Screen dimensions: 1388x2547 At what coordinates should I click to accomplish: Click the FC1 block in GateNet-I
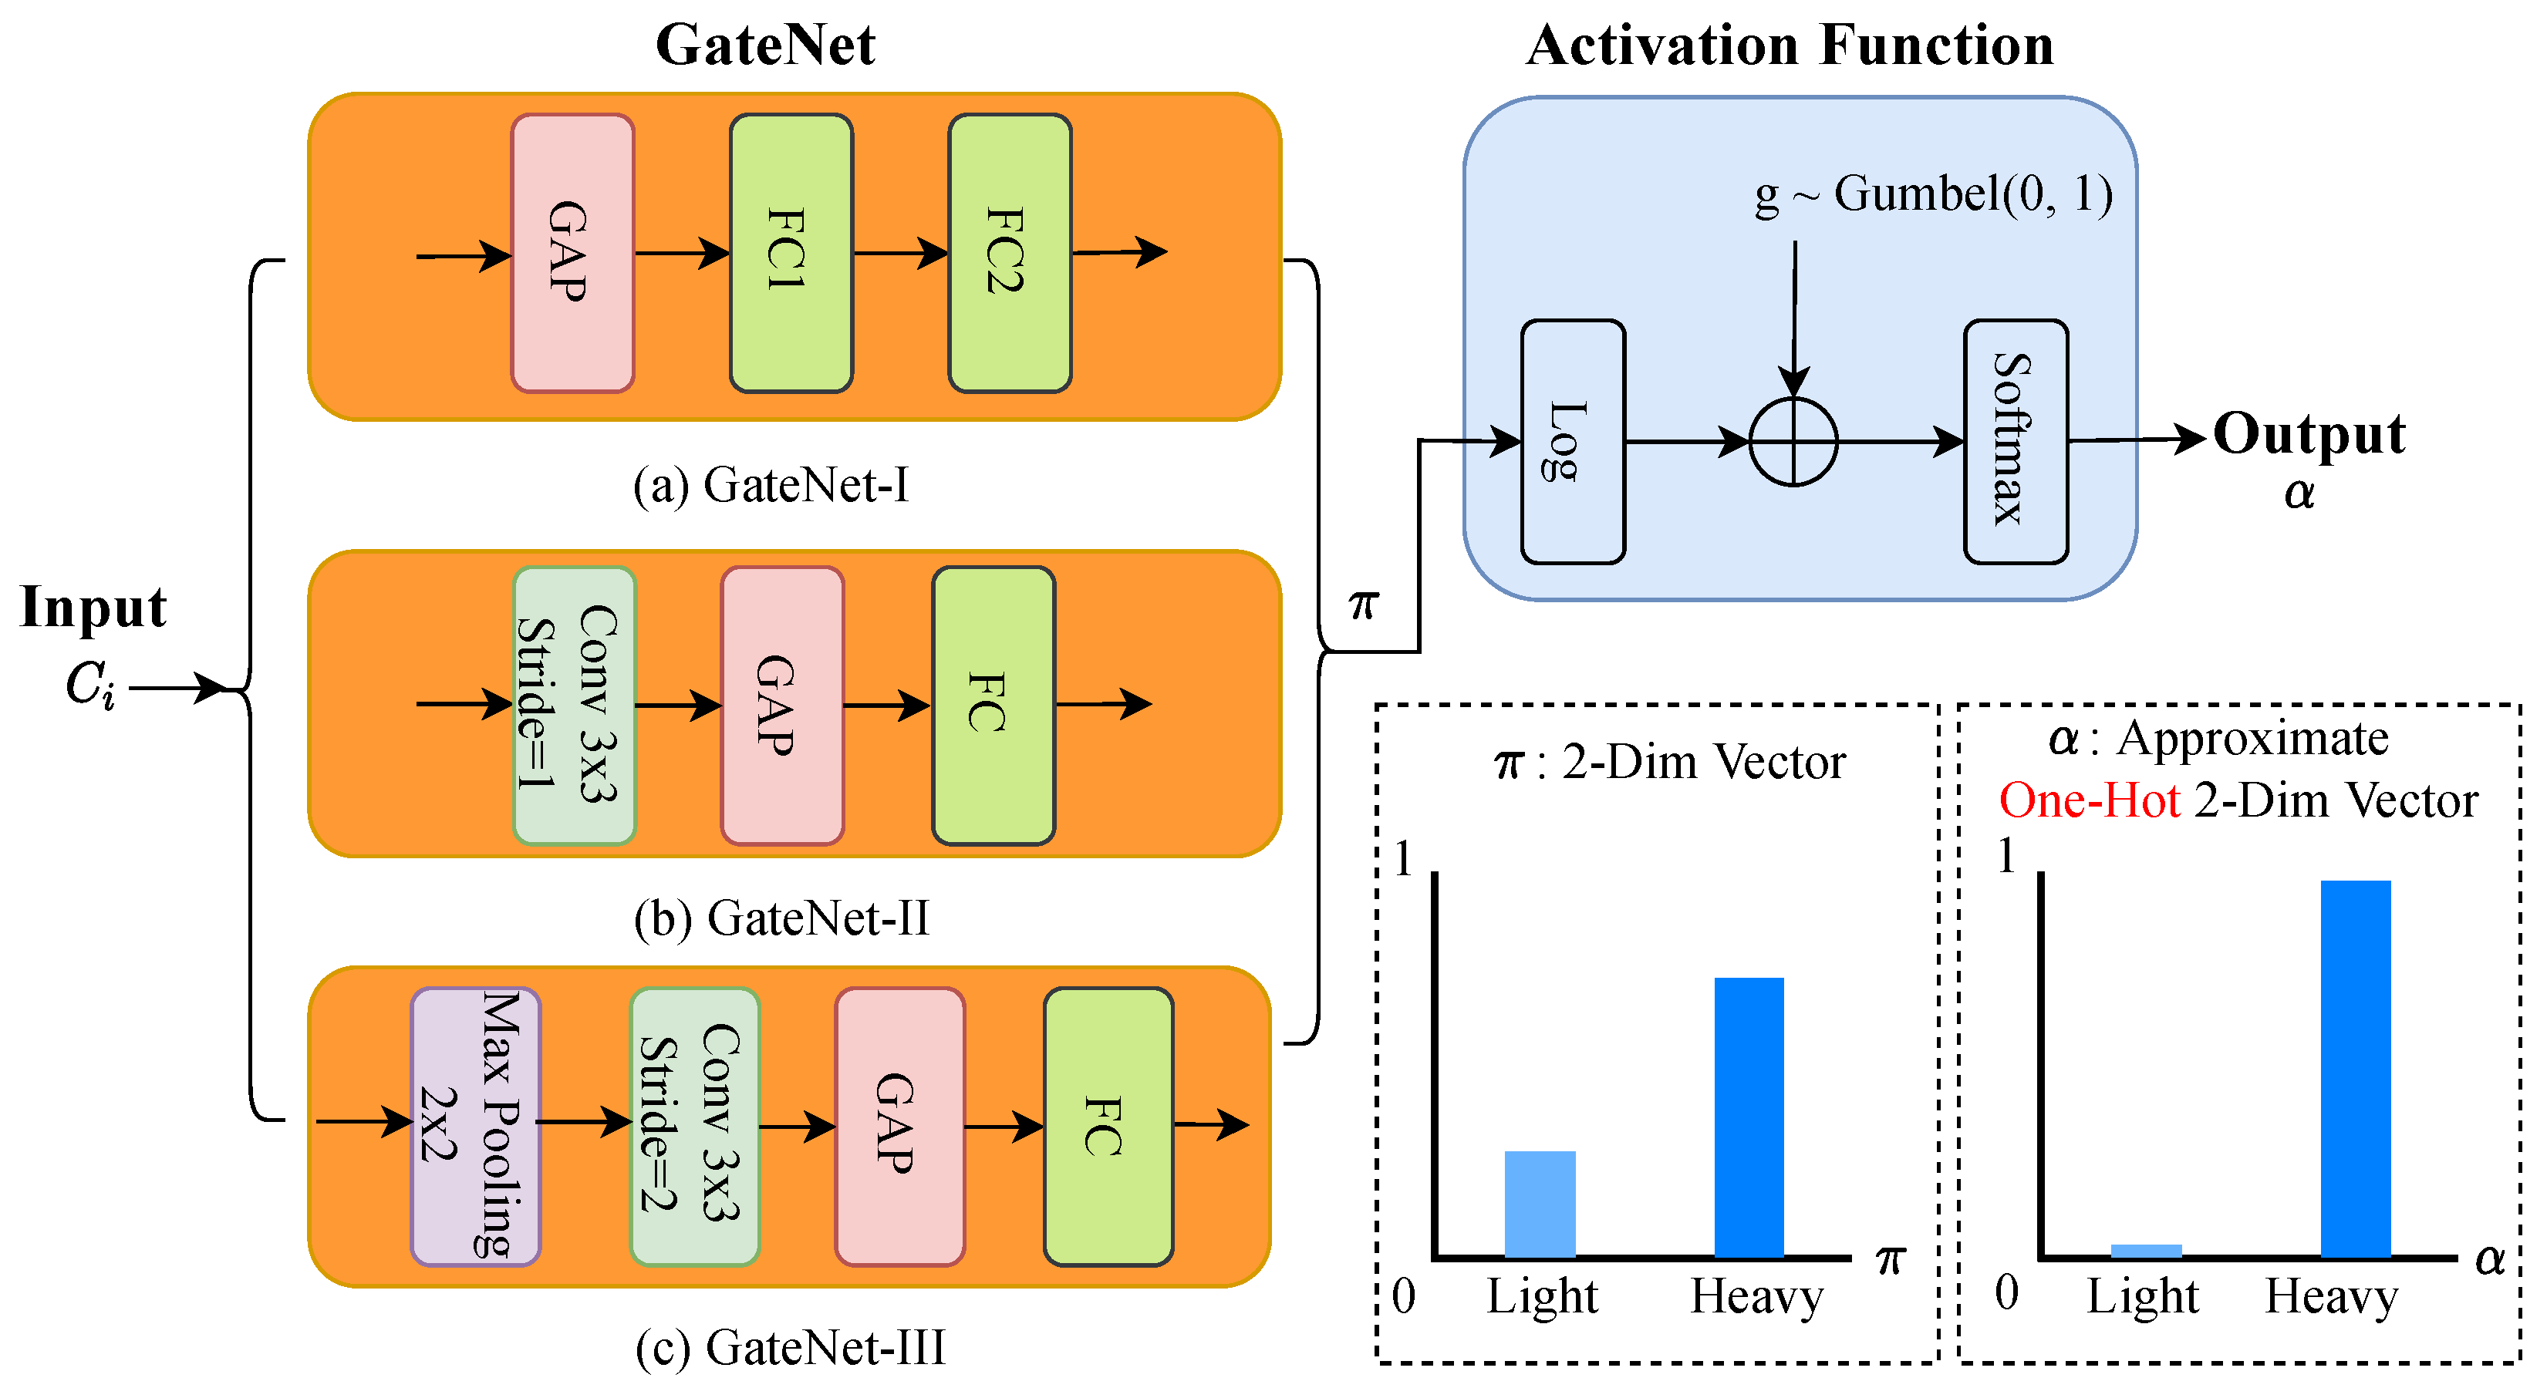coord(791,253)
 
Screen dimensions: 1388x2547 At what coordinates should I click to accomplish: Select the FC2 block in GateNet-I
coord(1010,253)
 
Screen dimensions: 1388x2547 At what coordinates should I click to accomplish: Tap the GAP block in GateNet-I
coord(572,253)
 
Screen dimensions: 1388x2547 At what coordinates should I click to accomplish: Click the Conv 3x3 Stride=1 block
coord(575,705)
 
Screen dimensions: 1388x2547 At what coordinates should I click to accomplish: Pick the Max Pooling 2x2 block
coord(476,1126)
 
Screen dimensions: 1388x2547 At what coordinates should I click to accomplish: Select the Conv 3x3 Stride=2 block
coord(695,1126)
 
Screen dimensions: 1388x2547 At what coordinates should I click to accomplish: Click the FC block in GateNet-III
coord(1108,1126)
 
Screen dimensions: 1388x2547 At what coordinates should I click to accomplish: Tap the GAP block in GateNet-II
coord(782,705)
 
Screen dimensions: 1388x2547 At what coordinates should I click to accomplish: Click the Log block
coord(1572,442)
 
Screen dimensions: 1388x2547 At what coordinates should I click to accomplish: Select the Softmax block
coord(2015,442)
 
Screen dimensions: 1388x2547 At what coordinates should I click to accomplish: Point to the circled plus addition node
coord(1793,442)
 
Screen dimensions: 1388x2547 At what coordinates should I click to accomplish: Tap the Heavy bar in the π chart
coord(1748,1117)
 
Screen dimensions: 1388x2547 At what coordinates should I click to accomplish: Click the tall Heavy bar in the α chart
coord(2355,1068)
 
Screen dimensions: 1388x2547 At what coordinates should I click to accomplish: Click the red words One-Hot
coord(2090,800)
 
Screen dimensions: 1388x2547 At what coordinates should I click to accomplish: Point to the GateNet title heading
coord(765,45)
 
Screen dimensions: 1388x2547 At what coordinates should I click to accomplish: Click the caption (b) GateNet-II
coord(781,918)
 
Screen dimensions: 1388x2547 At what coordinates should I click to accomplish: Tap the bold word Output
coord(2309,435)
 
